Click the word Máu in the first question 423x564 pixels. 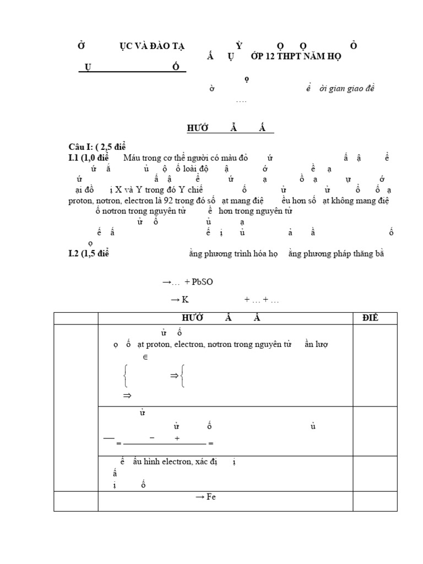point(132,159)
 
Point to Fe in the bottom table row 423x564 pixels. point(213,497)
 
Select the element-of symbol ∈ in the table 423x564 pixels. point(145,357)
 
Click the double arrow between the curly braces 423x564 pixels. point(174,376)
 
